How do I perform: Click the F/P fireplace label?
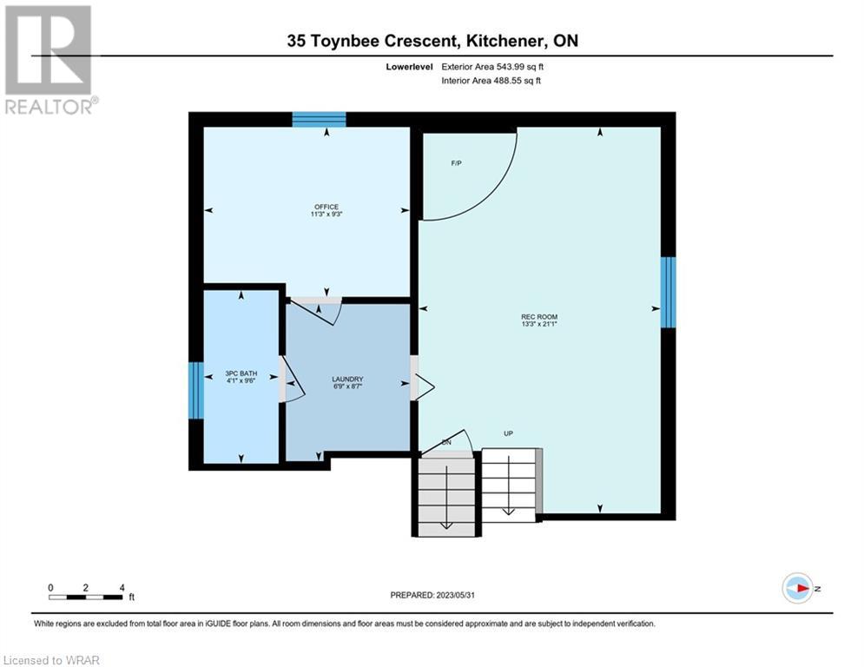[456, 163]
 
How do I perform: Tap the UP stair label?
[508, 433]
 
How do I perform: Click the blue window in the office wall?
[319, 119]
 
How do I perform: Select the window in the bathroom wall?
[196, 390]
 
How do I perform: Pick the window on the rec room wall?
[668, 292]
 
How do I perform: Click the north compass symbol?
[798, 588]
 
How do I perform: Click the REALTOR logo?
[50, 60]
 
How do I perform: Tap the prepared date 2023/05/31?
[455, 595]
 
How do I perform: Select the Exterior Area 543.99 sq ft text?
[492, 67]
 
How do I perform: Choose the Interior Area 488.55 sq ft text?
[491, 81]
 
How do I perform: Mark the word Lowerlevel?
[409, 67]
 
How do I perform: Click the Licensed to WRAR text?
[51, 660]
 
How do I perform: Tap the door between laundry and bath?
[292, 380]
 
